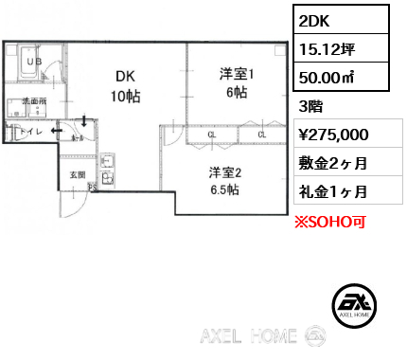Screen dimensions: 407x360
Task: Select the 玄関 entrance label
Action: pyautogui.click(x=76, y=174)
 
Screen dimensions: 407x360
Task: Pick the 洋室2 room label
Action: pyautogui.click(x=226, y=171)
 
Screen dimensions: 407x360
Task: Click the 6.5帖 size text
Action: pyautogui.click(x=224, y=190)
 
